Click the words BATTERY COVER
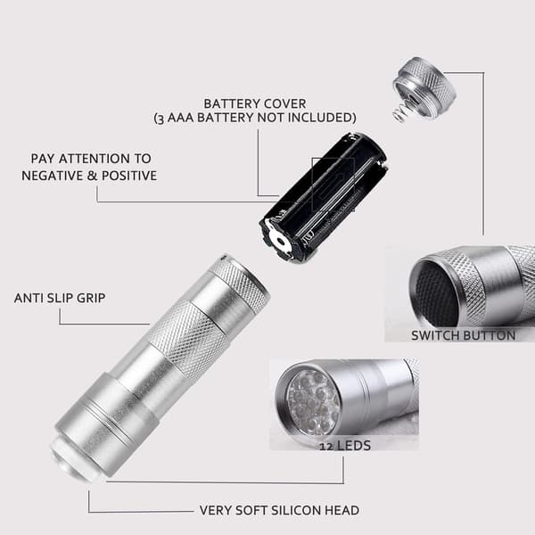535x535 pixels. pos(254,103)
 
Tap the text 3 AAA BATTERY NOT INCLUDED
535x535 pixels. pos(255,118)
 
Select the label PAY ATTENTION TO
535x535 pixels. pos(91,159)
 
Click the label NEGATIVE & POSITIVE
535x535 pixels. pos(89,176)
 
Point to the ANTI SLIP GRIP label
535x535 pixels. pos(60,298)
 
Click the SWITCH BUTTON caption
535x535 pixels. pos(463,336)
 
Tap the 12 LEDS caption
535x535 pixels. pos(345,446)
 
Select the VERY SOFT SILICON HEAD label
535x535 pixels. pos(279,510)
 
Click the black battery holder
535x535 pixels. pos(324,197)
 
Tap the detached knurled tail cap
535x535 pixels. pos(424,88)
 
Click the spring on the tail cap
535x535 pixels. pos(400,113)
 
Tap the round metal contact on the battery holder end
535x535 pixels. pos(280,242)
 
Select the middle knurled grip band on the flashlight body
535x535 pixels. pos(186,339)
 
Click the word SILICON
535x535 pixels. pos(295,510)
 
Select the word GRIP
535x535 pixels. pos(91,298)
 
